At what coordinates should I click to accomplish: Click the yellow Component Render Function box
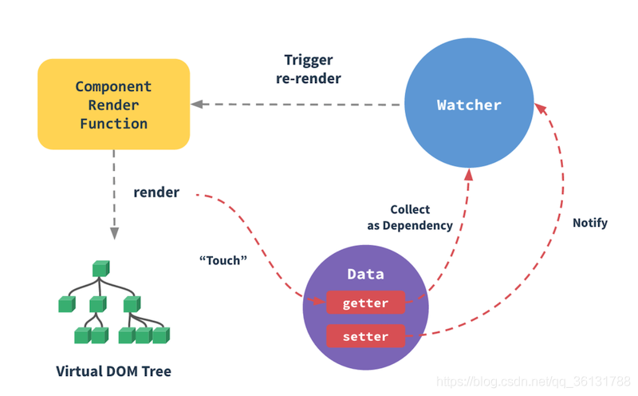point(113,105)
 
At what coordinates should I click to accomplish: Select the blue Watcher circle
point(469,103)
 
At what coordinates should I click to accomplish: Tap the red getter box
point(365,303)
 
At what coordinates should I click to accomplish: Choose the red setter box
point(365,336)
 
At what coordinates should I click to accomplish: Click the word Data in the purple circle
point(365,274)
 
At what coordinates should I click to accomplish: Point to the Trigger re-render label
point(309,69)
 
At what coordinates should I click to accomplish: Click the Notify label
point(590,223)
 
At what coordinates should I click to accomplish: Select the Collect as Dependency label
point(410,217)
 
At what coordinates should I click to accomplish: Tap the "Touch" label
point(223,260)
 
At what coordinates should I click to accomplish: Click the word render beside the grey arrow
point(156,192)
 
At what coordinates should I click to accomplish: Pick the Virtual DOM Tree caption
point(113,371)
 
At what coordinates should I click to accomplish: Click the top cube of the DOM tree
point(101,268)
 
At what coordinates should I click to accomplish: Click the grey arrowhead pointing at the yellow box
point(197,105)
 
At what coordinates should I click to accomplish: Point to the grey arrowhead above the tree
point(114,233)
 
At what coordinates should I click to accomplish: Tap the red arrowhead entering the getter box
point(320,301)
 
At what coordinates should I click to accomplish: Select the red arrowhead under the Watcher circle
point(469,175)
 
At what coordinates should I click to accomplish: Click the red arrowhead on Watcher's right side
point(540,109)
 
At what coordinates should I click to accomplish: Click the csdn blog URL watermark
point(533,382)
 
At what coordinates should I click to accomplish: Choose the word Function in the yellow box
point(113,124)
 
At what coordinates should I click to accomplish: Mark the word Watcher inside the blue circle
point(469,105)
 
